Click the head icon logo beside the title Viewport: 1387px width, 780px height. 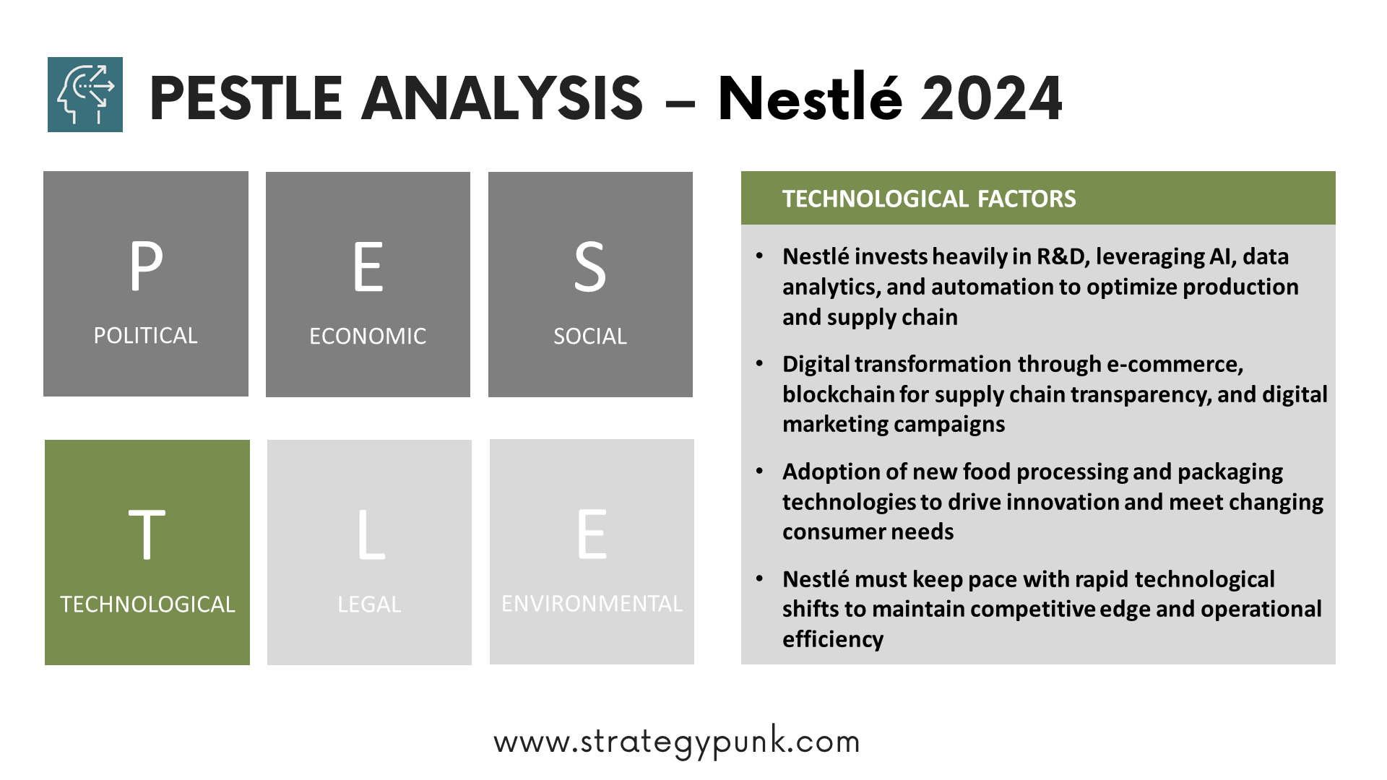tap(85, 95)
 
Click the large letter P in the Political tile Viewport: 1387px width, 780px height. tap(146, 266)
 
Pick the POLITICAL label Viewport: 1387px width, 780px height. tap(145, 336)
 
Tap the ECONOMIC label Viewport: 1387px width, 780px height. tap(368, 337)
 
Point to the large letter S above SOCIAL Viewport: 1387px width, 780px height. tap(590, 266)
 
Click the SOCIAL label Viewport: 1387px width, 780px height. tap(590, 337)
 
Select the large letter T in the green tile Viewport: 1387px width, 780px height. tap(147, 534)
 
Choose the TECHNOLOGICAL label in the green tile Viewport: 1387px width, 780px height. tap(147, 604)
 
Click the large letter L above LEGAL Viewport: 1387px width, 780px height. tap(371, 534)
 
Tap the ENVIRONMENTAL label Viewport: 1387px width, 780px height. tap(592, 604)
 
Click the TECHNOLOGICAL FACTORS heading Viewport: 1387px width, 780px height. tap(929, 199)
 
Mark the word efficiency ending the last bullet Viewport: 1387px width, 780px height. tap(833, 640)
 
